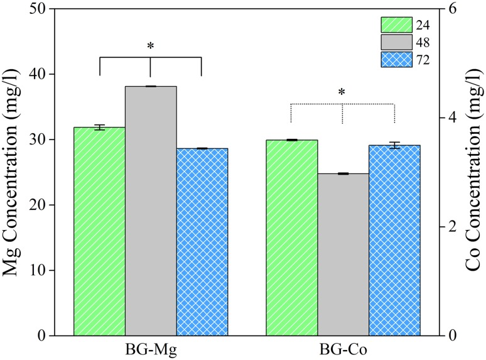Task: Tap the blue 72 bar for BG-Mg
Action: (202, 242)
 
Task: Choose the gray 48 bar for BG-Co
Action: (343, 254)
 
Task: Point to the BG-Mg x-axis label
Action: (151, 347)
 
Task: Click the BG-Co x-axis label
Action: (343, 347)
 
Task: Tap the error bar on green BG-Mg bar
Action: (99, 128)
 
